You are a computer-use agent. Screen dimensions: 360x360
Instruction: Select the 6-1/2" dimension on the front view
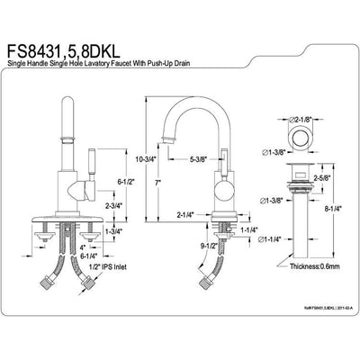coord(128,182)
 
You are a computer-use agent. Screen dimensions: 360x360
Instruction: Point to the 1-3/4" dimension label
coord(115,232)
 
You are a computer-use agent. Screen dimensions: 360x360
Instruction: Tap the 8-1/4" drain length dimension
coord(332,210)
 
